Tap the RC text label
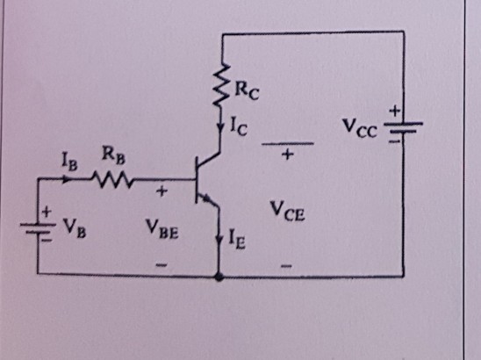[248, 88]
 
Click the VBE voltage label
[162, 233]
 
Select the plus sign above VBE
[161, 190]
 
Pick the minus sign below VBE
[161, 263]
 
